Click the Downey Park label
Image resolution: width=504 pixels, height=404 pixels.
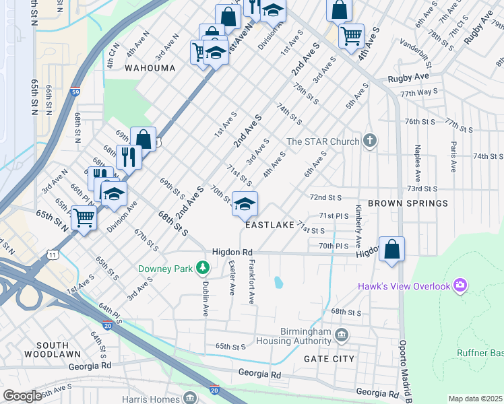tap(164, 269)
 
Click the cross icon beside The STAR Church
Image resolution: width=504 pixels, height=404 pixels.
tap(369, 141)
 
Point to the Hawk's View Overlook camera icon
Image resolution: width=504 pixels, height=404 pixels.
tap(460, 286)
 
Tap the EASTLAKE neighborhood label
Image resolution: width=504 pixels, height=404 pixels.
tap(270, 226)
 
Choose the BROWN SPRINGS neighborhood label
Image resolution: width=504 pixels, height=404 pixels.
tap(408, 203)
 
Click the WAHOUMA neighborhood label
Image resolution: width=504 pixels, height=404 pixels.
tap(150, 68)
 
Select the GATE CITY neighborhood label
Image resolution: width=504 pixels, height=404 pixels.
tap(329, 359)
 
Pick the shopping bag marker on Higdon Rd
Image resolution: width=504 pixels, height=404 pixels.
tap(391, 248)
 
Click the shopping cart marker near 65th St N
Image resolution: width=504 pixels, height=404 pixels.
tap(84, 217)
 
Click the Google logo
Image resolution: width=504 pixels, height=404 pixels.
tap(22, 397)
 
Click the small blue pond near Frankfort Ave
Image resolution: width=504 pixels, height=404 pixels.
tap(278, 283)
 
